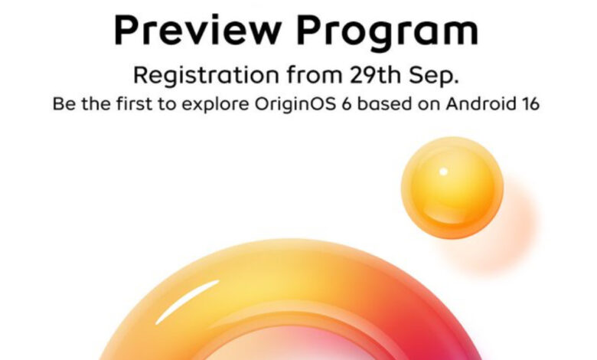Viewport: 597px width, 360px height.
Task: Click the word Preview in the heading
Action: coord(198,30)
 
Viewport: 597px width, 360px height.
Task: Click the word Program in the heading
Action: coord(387,33)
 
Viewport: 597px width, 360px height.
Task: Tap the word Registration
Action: coord(206,76)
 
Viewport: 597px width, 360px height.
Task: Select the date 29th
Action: coord(375,74)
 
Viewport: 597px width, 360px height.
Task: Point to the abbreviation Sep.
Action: coord(434,76)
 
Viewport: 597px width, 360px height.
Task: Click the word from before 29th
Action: coord(315,74)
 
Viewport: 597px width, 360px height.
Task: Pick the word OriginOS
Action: coord(295,104)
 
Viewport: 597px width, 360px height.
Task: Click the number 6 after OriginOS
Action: coord(346,104)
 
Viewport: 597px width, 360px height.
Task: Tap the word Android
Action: coord(480,103)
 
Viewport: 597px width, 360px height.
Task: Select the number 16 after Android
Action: coord(529,104)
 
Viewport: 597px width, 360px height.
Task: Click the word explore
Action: coord(215,105)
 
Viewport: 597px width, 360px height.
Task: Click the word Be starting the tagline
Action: coord(64,103)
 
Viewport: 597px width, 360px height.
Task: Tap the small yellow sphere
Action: coord(452,188)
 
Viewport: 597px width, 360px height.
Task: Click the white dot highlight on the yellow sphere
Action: coord(444,172)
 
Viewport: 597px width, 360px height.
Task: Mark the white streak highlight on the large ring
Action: coord(187,302)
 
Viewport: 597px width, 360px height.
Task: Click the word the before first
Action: coord(96,103)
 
